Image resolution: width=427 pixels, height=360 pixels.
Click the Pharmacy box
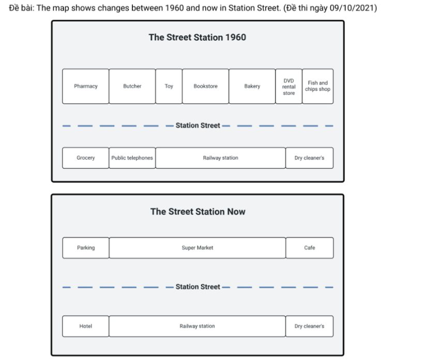(85, 86)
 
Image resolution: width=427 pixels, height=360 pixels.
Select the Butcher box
(132, 86)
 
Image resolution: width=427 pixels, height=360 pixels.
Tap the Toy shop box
(169, 86)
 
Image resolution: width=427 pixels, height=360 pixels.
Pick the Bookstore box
(206, 86)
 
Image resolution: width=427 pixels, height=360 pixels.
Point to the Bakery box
(252, 86)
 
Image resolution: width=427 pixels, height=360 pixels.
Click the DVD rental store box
(288, 86)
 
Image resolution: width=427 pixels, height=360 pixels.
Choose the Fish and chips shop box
(317, 86)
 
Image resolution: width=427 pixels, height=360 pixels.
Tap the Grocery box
(85, 158)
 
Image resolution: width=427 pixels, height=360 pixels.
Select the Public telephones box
(132, 158)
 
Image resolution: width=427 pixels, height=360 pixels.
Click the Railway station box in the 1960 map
(221, 158)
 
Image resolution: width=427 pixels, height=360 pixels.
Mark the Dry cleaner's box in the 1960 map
(309, 158)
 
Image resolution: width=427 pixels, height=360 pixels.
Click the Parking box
(86, 247)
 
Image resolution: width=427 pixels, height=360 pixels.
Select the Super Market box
(197, 247)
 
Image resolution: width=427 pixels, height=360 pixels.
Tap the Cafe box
(310, 247)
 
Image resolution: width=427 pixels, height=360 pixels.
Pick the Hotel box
(85, 326)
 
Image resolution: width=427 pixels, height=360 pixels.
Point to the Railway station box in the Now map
(197, 326)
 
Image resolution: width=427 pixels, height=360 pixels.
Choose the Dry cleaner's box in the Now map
(309, 326)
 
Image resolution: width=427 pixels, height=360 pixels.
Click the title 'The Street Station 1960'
(197, 37)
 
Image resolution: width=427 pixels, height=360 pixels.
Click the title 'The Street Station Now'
(198, 211)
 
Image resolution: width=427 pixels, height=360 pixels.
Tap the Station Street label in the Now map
(197, 287)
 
